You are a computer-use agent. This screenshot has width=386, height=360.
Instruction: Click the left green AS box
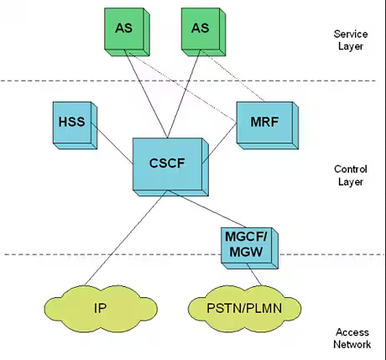pos(123,29)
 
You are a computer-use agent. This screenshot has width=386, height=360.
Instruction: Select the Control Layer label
pos(349,175)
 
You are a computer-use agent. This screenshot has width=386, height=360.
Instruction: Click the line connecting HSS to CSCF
pos(115,139)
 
